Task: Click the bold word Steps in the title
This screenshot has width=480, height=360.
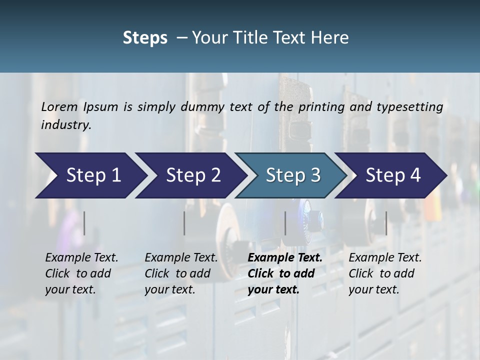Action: pyautogui.click(x=145, y=38)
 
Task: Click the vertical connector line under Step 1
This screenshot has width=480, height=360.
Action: pyautogui.click(x=84, y=223)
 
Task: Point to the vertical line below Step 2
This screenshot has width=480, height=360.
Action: pyautogui.click(x=184, y=223)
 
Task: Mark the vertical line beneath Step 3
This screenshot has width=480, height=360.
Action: pyautogui.click(x=285, y=223)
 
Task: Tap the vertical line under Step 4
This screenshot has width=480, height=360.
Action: pyautogui.click(x=386, y=223)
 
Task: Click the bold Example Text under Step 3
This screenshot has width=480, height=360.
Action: pyautogui.click(x=285, y=258)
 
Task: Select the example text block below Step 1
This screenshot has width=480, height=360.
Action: pyautogui.click(x=81, y=273)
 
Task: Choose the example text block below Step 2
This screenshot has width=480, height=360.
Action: pyautogui.click(x=180, y=273)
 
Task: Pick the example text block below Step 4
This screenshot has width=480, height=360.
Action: pyautogui.click(x=384, y=273)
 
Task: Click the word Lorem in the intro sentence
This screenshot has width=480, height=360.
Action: pyautogui.click(x=59, y=106)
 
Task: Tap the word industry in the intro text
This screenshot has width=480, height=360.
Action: pyautogui.click(x=66, y=125)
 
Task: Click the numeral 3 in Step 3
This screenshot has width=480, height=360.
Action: pyautogui.click(x=314, y=175)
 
